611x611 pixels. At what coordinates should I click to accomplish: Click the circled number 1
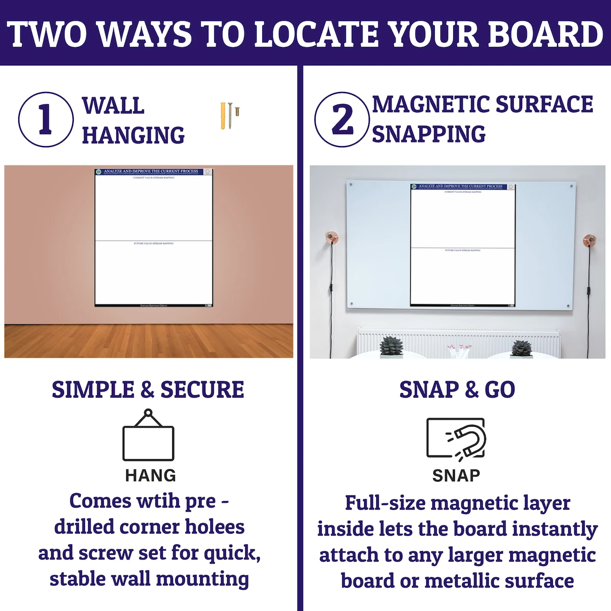(x=45, y=120)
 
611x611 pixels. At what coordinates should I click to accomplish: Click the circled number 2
(x=342, y=120)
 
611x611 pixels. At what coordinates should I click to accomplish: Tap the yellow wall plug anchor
(x=223, y=115)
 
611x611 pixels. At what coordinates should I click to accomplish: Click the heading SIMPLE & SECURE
(x=148, y=390)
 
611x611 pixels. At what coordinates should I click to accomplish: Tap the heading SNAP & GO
(x=457, y=390)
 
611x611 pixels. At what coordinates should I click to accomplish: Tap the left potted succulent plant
(x=392, y=347)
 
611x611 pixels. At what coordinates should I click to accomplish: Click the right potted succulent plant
(x=521, y=349)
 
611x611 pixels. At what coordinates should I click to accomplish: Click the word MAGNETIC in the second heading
(x=430, y=104)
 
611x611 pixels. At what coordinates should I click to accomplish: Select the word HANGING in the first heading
(x=133, y=135)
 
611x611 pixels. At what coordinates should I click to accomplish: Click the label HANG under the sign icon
(x=150, y=476)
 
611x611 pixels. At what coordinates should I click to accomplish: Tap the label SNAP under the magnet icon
(x=456, y=476)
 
